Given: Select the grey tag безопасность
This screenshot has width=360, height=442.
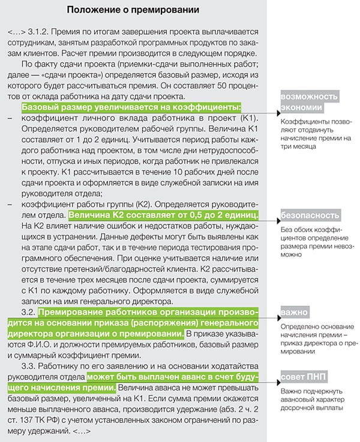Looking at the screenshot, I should click(x=310, y=215).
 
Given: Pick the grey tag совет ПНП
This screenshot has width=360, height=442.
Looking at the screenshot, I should click(x=302, y=377).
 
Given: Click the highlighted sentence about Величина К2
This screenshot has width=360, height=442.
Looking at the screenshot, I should click(x=164, y=215).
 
